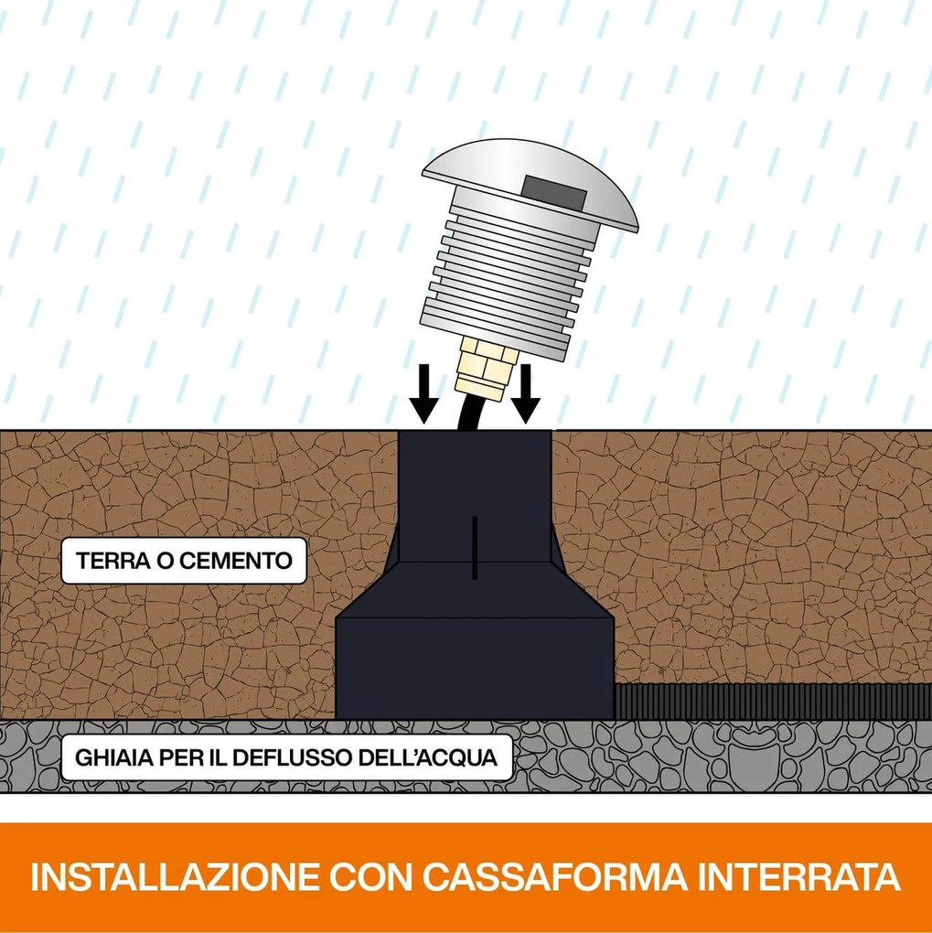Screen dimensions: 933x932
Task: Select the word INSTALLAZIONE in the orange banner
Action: point(174,876)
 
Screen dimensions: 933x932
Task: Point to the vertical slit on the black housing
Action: point(475,547)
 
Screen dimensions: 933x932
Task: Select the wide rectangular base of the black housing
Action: point(475,668)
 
